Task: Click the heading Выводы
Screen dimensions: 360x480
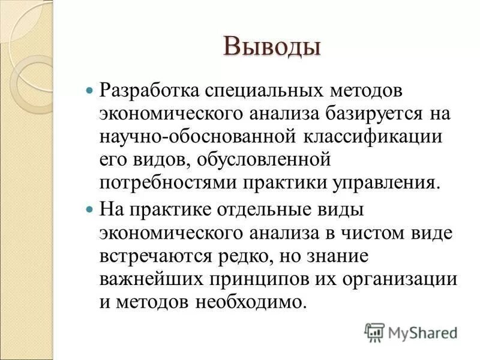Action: [x=272, y=47]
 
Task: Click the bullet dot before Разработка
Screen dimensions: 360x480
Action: [x=90, y=91]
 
